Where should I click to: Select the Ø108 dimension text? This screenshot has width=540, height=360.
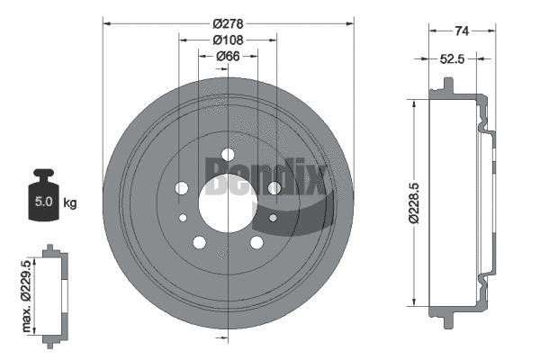(x=229, y=40)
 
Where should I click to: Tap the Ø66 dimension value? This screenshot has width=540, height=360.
(x=229, y=57)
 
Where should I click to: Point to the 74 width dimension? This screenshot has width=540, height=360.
(x=462, y=31)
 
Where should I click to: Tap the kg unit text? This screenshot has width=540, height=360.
(x=70, y=202)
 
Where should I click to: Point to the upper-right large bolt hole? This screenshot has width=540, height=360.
(x=274, y=188)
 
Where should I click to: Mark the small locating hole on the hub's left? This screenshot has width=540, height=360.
(x=184, y=219)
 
